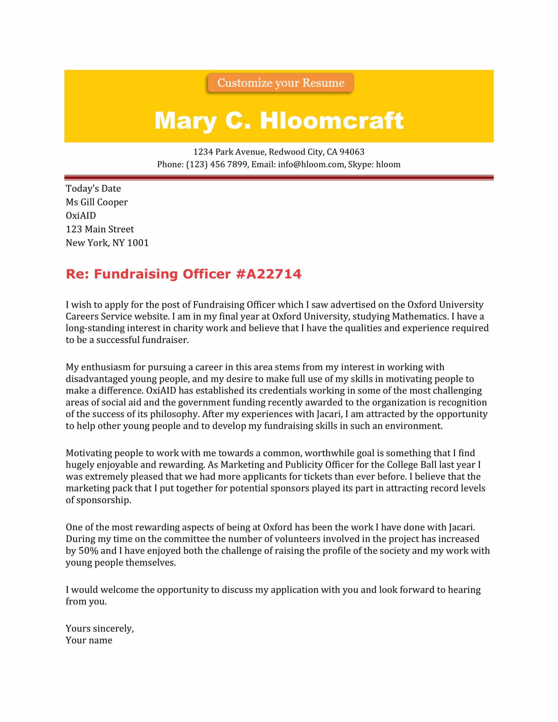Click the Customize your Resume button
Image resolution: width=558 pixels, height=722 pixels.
pos(280,83)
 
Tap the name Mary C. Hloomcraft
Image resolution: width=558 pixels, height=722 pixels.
pos(279,120)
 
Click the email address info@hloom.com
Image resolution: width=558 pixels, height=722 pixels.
pos(311,164)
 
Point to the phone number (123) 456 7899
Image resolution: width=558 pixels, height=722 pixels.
pos(217,164)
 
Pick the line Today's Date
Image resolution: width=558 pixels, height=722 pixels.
pos(93,188)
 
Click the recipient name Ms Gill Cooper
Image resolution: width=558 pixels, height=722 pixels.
pos(97,202)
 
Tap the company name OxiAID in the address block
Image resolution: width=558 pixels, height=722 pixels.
pos(81,216)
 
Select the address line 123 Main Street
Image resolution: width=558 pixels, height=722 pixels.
pos(99,229)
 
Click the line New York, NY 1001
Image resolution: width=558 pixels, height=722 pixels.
pos(107,243)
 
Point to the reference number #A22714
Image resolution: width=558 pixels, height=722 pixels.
pos(268,274)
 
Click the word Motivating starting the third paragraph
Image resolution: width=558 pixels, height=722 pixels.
pos(89,453)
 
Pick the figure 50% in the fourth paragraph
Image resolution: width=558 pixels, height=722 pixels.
pos(88,550)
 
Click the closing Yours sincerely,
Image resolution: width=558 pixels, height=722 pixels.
pos(99,628)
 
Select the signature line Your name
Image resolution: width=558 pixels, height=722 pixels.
pos(89,640)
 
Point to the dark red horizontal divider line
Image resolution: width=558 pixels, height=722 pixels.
pos(279,178)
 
